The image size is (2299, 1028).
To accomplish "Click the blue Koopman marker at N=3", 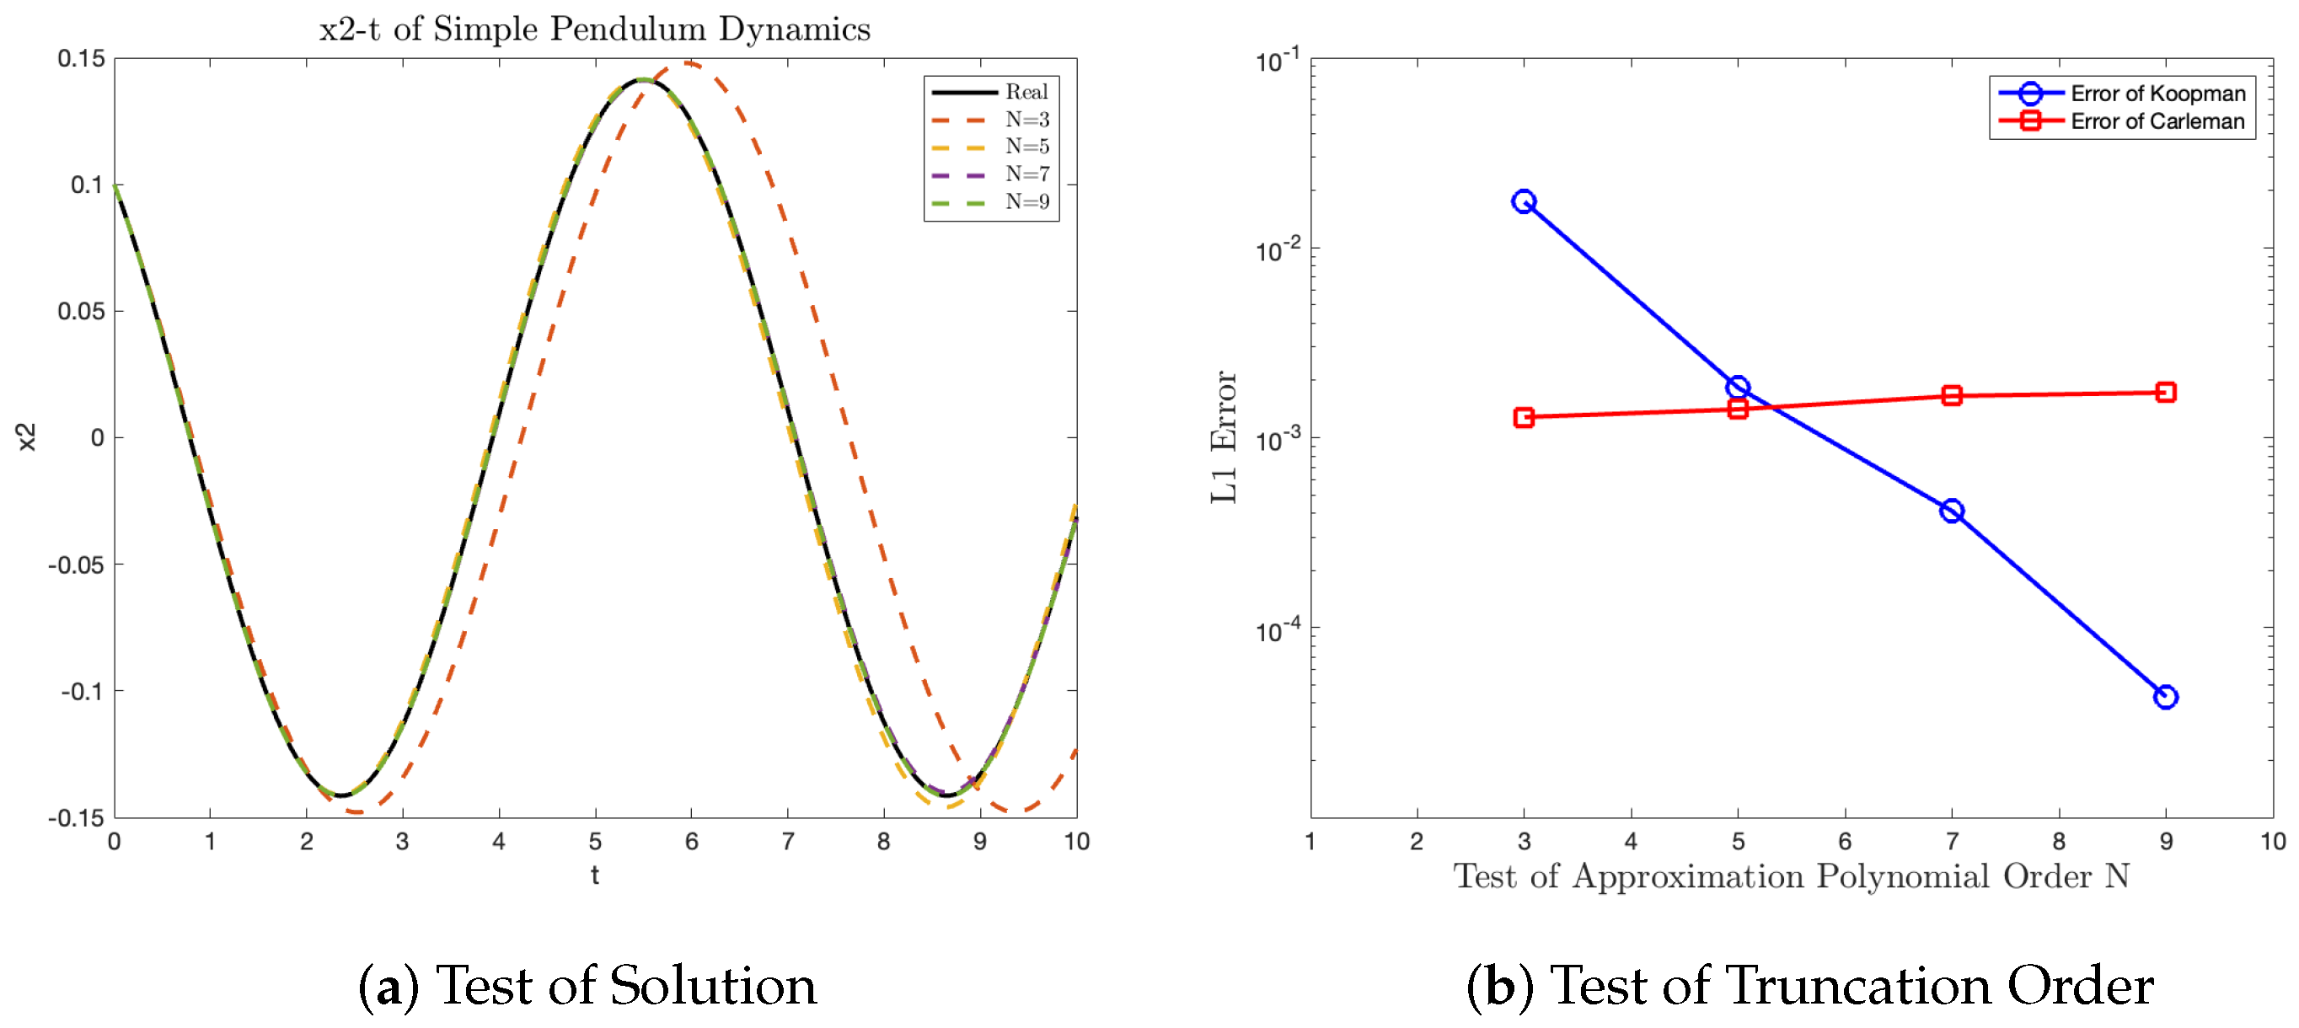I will coord(1524,201).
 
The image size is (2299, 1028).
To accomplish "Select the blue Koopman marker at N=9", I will coord(2165,697).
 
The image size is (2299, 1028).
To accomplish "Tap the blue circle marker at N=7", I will coord(1952,511).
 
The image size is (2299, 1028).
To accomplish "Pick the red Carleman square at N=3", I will coord(1524,417).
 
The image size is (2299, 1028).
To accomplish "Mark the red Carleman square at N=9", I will coord(2165,392).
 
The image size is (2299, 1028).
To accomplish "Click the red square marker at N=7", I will coord(1952,395).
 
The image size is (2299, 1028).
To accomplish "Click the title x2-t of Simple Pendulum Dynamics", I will coord(594,29).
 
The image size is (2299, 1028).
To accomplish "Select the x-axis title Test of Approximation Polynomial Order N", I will coord(1791,876).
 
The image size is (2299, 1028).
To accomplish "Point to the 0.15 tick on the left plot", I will coord(81,59).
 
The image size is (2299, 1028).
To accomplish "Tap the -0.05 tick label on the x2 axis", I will coord(76,565).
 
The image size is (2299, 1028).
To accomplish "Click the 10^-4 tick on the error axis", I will coord(1277,631).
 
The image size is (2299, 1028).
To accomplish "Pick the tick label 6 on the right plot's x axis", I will coord(1845,842).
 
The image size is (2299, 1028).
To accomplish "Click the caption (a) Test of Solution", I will coord(587,986).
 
